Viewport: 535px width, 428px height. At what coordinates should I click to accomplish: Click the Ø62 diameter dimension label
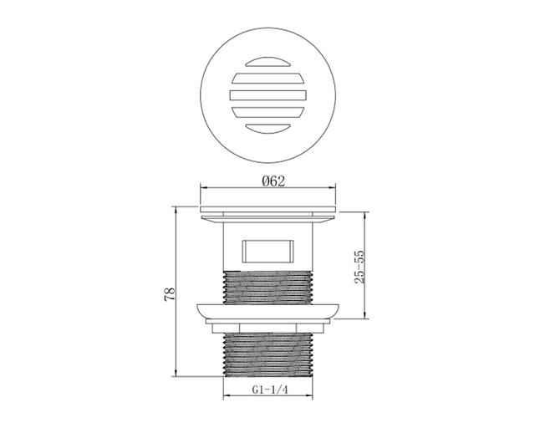point(273,181)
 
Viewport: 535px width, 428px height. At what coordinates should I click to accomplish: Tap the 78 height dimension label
point(170,294)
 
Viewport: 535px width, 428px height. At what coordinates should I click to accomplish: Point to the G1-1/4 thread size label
point(270,390)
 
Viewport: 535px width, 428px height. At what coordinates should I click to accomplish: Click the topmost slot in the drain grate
point(267,61)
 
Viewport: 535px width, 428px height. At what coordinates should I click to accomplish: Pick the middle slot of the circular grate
point(267,95)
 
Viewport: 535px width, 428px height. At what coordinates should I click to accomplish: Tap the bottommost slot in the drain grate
point(267,129)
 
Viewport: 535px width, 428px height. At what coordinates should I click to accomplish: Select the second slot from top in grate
point(267,79)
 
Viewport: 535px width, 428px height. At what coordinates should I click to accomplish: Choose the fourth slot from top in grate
point(267,112)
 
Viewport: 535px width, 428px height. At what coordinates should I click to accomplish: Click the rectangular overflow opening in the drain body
point(267,252)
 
